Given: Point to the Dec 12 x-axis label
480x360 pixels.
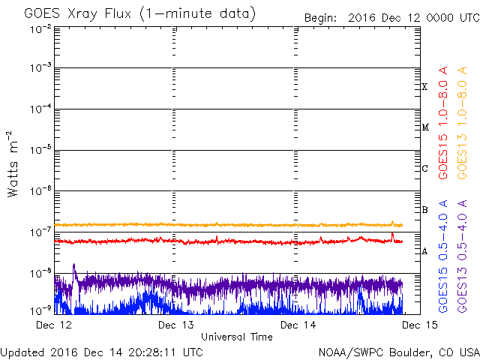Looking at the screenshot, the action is point(54,325).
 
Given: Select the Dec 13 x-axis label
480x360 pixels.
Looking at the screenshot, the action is point(176,325).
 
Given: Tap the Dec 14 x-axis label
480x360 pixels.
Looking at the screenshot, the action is point(298,325).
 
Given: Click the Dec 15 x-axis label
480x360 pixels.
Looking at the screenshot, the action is point(420,325).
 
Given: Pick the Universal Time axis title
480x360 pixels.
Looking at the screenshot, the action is point(237,337).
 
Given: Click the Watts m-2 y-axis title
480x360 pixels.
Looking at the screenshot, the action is point(13,164).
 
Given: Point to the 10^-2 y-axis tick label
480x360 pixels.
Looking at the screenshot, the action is point(40,29).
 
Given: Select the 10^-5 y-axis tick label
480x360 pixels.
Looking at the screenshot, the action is point(40,150).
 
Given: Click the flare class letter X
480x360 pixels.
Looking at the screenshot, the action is point(424,87).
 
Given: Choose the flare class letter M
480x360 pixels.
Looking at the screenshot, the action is point(425,127).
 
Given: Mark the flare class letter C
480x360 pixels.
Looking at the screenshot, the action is point(424,168).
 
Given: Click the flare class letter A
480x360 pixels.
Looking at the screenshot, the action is point(424,251).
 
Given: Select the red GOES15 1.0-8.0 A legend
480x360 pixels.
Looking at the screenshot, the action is point(443,122).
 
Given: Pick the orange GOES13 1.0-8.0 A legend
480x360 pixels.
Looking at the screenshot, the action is point(462,122).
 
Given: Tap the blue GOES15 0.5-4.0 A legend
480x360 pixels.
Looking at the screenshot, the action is point(443,256).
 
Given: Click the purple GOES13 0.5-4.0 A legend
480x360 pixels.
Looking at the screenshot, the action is point(462,256).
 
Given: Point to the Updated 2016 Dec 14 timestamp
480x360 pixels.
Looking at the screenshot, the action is point(102,352).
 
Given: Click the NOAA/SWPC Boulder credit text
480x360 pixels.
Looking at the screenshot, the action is point(399,352).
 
